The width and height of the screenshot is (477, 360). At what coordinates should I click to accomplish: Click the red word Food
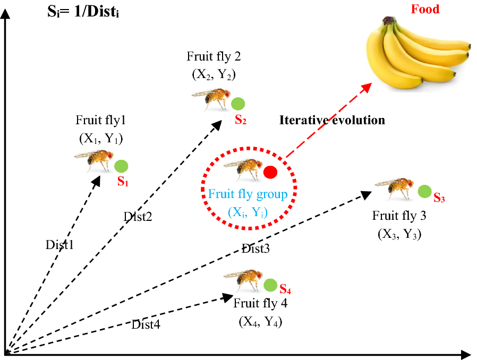pyautogui.click(x=425, y=9)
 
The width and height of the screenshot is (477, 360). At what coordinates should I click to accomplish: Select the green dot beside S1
pyautogui.click(x=121, y=166)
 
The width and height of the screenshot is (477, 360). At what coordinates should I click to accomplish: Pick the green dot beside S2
pyautogui.click(x=238, y=104)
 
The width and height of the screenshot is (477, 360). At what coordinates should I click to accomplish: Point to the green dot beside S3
pyautogui.click(x=424, y=192)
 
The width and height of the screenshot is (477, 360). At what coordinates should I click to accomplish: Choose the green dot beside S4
pyautogui.click(x=270, y=285)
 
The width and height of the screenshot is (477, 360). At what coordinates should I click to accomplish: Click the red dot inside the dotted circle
pyautogui.click(x=270, y=172)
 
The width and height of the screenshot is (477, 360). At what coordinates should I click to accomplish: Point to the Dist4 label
pyautogui.click(x=146, y=324)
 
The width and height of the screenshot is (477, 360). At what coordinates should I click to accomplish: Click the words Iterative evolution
pyautogui.click(x=332, y=120)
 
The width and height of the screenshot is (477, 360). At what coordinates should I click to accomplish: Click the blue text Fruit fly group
pyautogui.click(x=248, y=194)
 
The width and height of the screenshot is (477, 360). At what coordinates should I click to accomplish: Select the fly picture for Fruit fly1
pyautogui.click(x=94, y=160)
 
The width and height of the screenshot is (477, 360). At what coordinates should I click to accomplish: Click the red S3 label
pyautogui.click(x=439, y=198)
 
